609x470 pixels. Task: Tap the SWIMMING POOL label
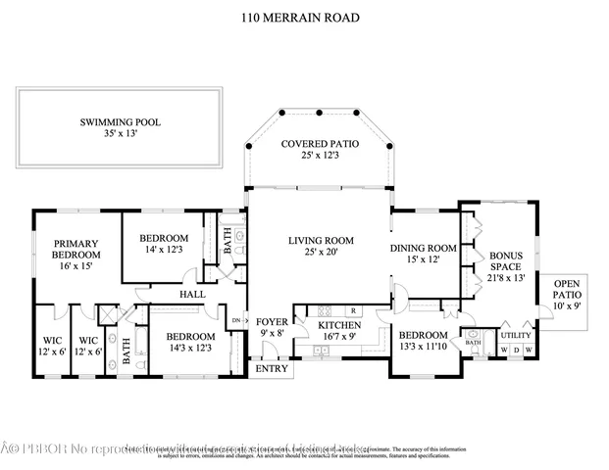click(x=121, y=122)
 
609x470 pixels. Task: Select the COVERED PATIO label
click(x=320, y=144)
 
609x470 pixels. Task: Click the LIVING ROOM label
click(x=320, y=240)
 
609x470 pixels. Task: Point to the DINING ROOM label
click(x=424, y=248)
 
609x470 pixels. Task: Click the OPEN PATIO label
click(x=567, y=294)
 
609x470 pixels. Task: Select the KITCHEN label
click(x=338, y=325)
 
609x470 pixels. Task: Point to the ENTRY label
click(x=272, y=369)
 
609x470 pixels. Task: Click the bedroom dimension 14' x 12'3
click(x=164, y=251)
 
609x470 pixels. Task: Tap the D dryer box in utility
click(x=518, y=350)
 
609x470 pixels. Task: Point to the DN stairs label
click(x=235, y=320)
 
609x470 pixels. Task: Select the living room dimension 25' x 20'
click(x=320, y=253)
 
